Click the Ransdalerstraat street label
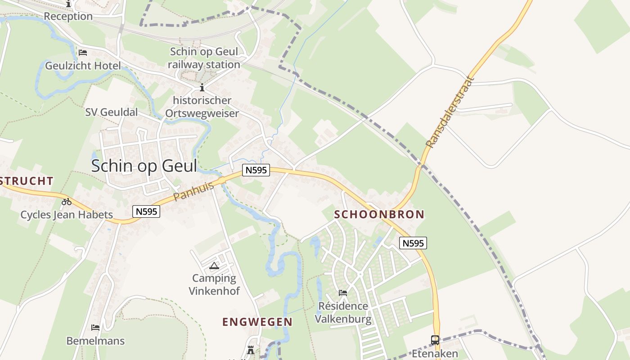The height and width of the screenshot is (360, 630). point(450,113)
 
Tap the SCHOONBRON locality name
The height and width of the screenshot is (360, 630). point(379,214)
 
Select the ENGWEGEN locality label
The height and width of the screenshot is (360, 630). point(257,322)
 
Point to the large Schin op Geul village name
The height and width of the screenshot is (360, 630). point(144,166)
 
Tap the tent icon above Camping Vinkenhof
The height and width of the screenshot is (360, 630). point(214,265)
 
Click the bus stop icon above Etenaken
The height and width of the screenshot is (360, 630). point(435,340)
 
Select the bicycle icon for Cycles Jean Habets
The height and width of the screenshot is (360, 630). point(67,202)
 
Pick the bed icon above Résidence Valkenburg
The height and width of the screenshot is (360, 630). point(343,293)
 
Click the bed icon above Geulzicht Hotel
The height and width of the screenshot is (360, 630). point(83,53)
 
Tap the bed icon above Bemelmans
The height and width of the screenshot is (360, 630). point(95,327)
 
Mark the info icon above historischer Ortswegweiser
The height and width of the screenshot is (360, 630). point(202,87)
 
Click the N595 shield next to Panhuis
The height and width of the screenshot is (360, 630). point(256,170)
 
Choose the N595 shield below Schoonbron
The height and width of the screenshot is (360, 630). point(413,243)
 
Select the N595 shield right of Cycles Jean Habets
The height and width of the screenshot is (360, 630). point(147,211)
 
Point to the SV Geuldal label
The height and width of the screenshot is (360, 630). point(112,112)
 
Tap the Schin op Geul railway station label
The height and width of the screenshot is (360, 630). point(204,58)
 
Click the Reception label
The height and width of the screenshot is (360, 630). point(68,16)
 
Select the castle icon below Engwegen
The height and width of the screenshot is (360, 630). point(251,350)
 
